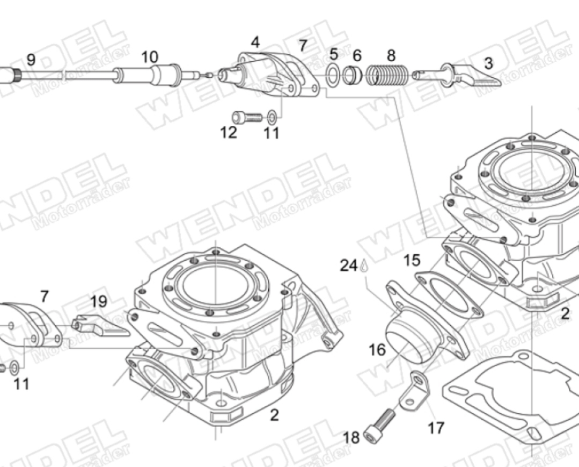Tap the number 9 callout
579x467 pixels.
[31, 59]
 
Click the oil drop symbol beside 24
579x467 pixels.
[364, 265]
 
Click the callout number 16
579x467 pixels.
[377, 350]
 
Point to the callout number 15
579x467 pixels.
[412, 261]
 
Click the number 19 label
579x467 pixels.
[99, 303]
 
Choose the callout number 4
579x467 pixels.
[255, 42]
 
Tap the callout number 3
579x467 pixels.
[488, 63]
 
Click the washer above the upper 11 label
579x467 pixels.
[272, 116]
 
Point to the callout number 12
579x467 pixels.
[228, 132]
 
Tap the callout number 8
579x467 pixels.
[391, 55]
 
